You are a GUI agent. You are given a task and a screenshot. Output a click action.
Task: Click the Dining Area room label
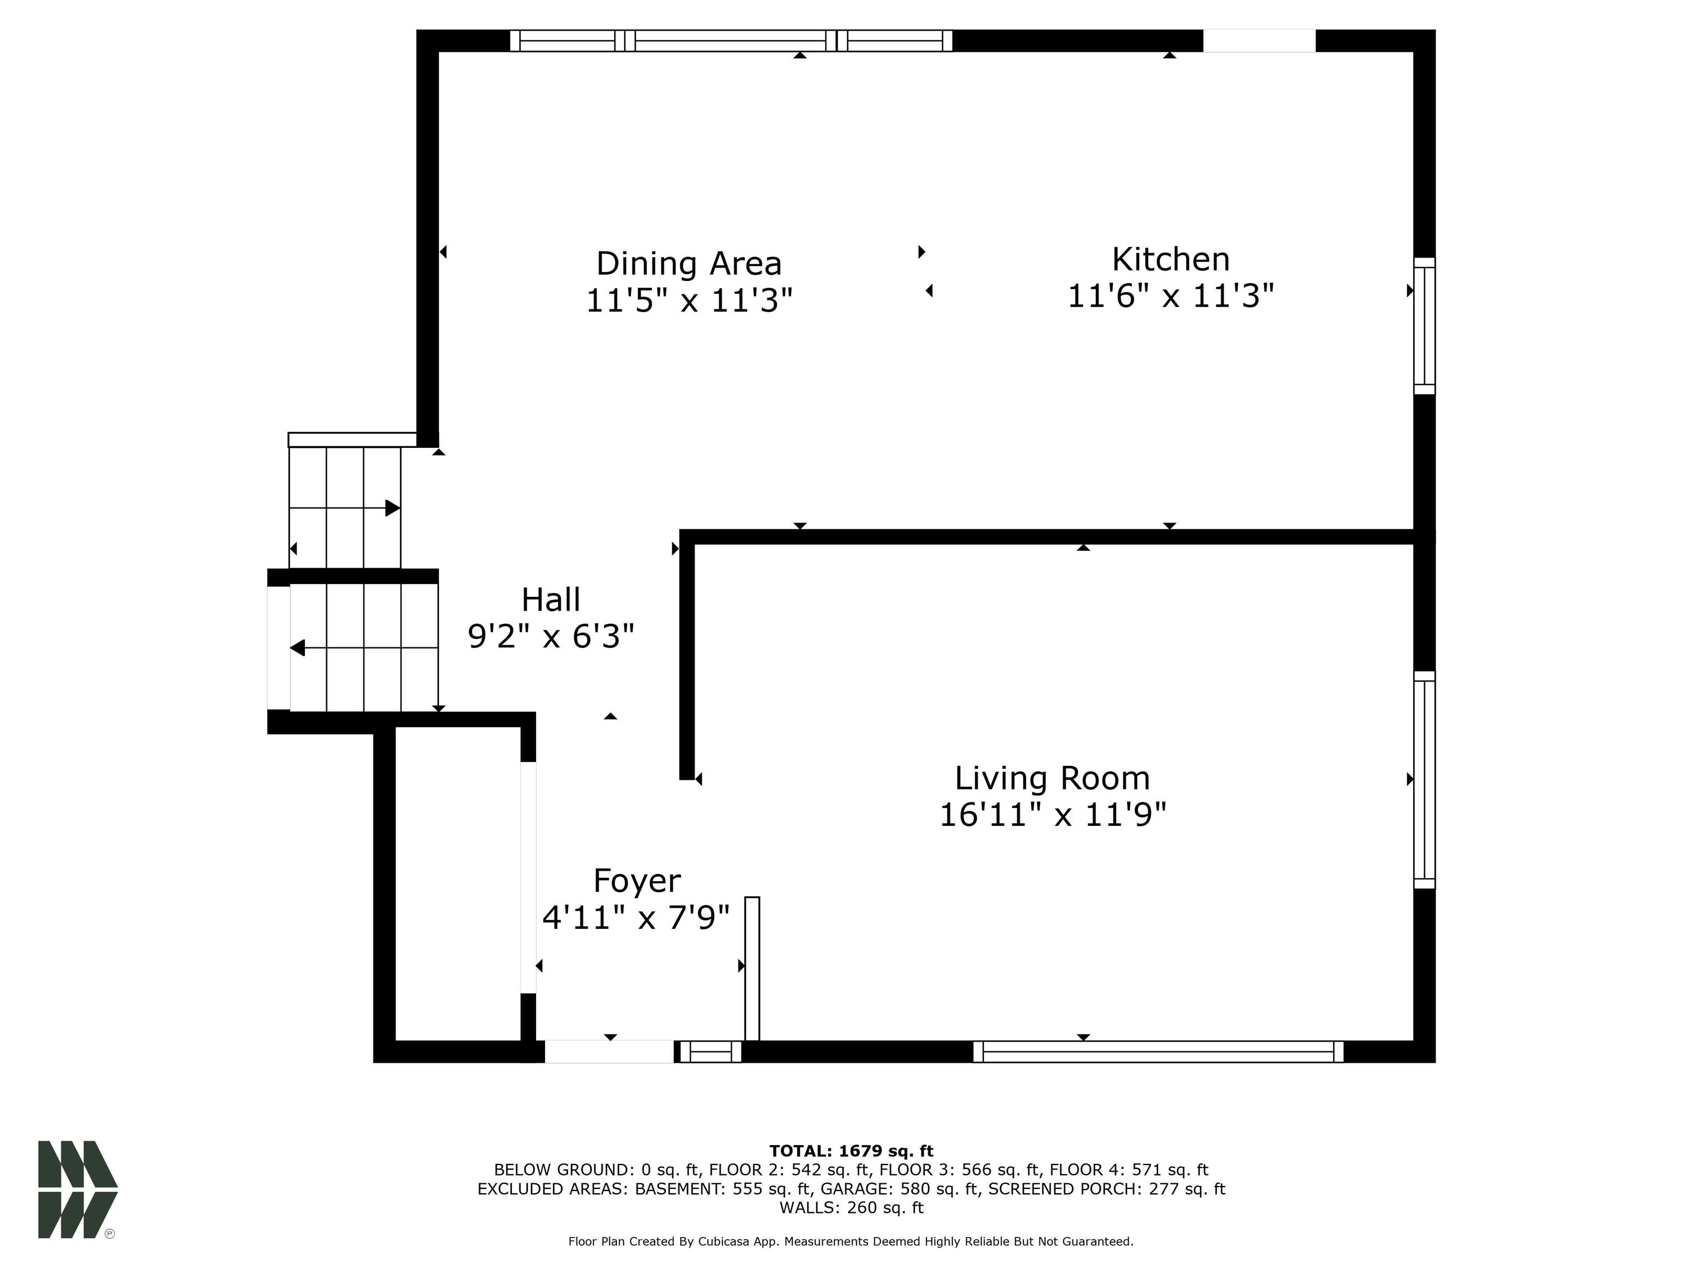(x=689, y=264)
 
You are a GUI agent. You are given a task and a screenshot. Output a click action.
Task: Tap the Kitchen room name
(x=1170, y=259)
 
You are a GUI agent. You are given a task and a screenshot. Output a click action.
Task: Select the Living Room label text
(x=1052, y=778)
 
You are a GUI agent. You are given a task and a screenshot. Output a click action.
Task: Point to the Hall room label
(x=550, y=600)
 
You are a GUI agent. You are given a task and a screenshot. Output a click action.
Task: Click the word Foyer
(x=637, y=881)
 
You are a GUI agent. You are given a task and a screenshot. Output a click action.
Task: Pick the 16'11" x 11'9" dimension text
(x=1052, y=814)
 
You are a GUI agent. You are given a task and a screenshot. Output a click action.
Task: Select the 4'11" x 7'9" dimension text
(x=636, y=917)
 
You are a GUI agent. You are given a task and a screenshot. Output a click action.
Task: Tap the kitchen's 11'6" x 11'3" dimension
(x=1170, y=295)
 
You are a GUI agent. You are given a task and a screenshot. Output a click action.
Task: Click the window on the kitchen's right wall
(x=1424, y=325)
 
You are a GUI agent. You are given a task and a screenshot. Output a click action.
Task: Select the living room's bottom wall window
(x=1158, y=1051)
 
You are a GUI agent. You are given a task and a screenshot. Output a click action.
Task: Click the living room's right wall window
(x=1424, y=780)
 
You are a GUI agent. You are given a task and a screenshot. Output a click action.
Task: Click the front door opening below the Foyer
(x=609, y=1051)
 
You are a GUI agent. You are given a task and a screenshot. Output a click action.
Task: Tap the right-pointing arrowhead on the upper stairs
(x=392, y=508)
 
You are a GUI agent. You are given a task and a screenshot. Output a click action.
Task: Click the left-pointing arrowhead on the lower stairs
(x=297, y=648)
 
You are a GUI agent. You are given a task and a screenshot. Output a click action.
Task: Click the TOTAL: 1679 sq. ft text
(x=851, y=1151)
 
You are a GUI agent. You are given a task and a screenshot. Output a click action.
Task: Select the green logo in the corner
(x=78, y=1189)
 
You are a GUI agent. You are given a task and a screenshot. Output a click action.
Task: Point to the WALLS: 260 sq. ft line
(x=851, y=1208)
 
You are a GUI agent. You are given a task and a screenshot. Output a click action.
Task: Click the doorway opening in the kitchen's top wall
(x=1259, y=41)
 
